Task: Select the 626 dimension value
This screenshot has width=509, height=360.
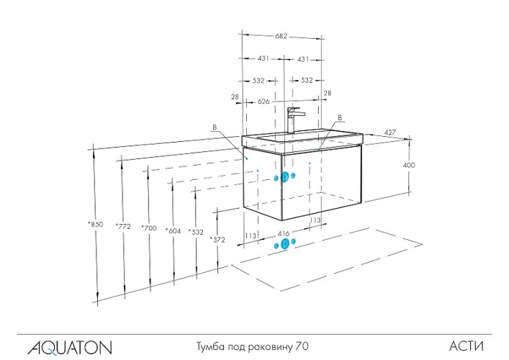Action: (263, 102)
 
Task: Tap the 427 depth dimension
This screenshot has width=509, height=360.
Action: (390, 132)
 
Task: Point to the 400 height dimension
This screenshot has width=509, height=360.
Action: (408, 165)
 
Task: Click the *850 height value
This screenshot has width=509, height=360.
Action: (94, 225)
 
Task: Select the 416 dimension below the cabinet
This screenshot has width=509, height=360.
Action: (283, 233)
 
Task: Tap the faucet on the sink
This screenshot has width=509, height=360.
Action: (293, 120)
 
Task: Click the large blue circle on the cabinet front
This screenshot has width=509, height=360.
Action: (285, 177)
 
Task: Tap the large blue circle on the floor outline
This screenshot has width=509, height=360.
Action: (284, 244)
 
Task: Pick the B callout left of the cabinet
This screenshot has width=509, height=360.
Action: (214, 127)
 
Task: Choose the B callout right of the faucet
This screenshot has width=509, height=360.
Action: (339, 117)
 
